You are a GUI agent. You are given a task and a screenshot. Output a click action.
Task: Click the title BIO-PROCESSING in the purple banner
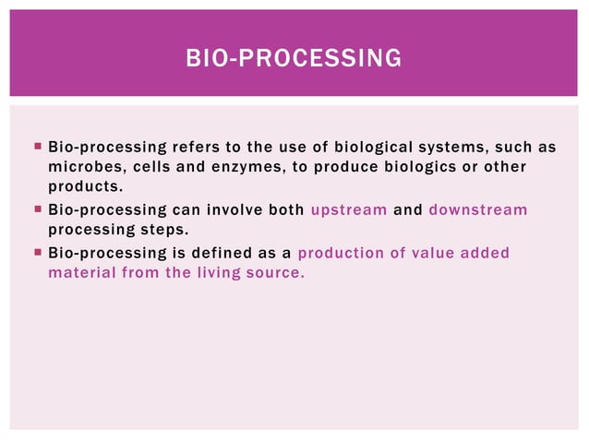[294, 59]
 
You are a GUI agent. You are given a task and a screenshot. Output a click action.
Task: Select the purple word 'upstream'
[348, 209]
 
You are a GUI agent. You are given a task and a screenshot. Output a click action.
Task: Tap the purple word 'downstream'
[477, 209]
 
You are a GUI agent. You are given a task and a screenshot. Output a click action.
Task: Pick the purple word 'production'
[341, 253]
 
